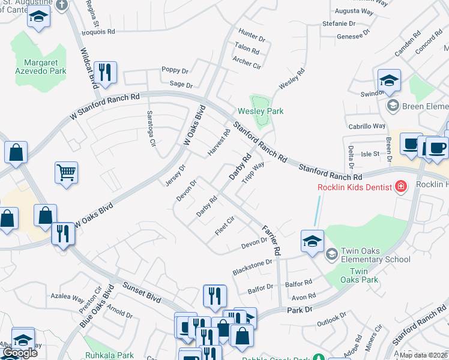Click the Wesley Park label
point(261,111)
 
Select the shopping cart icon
point(67,173)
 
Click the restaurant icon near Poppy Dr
point(105,73)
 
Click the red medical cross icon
point(400,187)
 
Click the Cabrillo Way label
point(367,126)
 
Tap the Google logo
point(20,353)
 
